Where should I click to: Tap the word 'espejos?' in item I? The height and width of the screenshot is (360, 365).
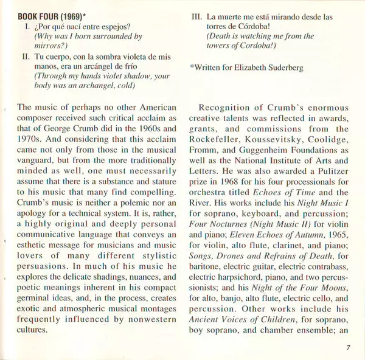click(130, 26)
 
